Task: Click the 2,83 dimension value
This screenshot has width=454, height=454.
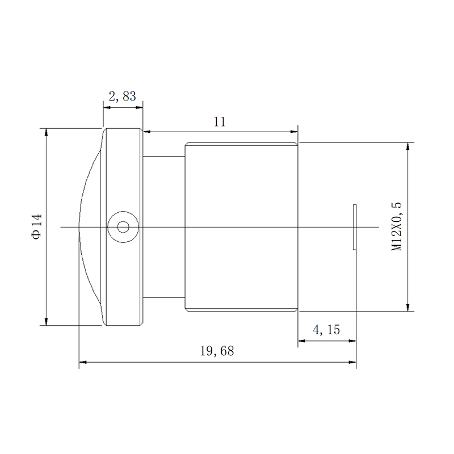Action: point(122,96)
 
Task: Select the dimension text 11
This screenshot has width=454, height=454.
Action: point(220,122)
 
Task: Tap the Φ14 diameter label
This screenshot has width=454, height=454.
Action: point(36,226)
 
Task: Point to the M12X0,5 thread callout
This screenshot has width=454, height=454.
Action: point(396,226)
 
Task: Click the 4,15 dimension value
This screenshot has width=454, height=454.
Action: point(326,330)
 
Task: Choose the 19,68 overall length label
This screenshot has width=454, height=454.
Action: point(217,351)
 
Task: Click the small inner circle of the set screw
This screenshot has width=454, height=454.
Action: point(123,227)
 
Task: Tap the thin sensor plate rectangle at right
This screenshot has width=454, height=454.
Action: point(355,227)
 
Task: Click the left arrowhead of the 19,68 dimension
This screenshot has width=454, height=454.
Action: point(83,362)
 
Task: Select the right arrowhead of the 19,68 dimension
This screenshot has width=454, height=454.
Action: point(352,362)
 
